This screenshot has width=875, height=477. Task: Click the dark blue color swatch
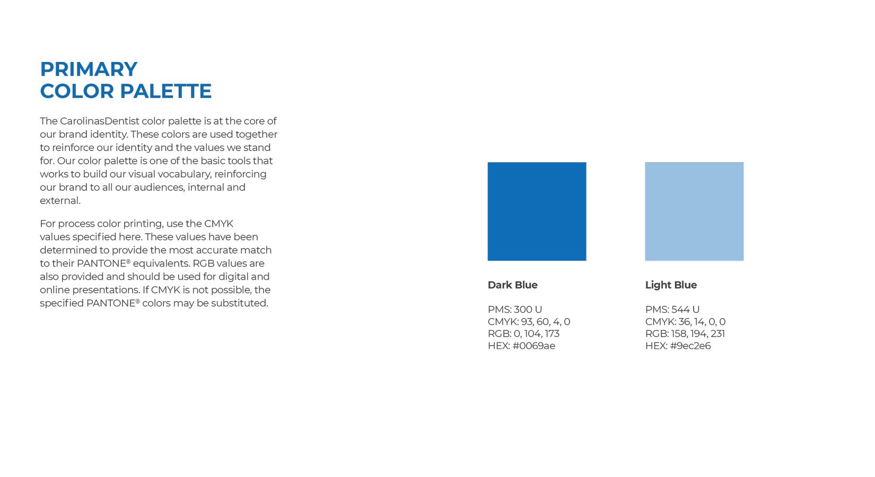[x=537, y=211]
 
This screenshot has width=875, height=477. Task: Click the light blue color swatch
[x=694, y=211]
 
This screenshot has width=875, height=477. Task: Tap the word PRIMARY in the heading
[x=89, y=69]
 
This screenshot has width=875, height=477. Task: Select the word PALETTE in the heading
[x=165, y=91]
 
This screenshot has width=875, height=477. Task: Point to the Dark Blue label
[x=512, y=285]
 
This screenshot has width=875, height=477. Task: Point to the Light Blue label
[x=671, y=285]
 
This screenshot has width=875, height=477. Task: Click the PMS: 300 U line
[x=515, y=310]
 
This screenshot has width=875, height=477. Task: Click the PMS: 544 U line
[x=672, y=310]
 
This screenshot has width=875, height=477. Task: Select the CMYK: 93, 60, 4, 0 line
[x=529, y=322]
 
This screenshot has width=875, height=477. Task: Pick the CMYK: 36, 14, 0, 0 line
[x=685, y=322]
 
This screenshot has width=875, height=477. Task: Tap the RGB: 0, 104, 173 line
[x=523, y=334]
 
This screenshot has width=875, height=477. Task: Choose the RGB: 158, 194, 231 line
[x=685, y=334]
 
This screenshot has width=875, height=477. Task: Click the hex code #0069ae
[x=533, y=346]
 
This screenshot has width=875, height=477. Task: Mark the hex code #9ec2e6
[x=690, y=346]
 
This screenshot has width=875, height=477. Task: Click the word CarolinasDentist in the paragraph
[x=100, y=121]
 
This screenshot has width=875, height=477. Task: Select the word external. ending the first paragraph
[x=60, y=201]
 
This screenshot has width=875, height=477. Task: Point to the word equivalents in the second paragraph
[x=161, y=263]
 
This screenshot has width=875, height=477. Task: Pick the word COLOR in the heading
[x=77, y=91]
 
